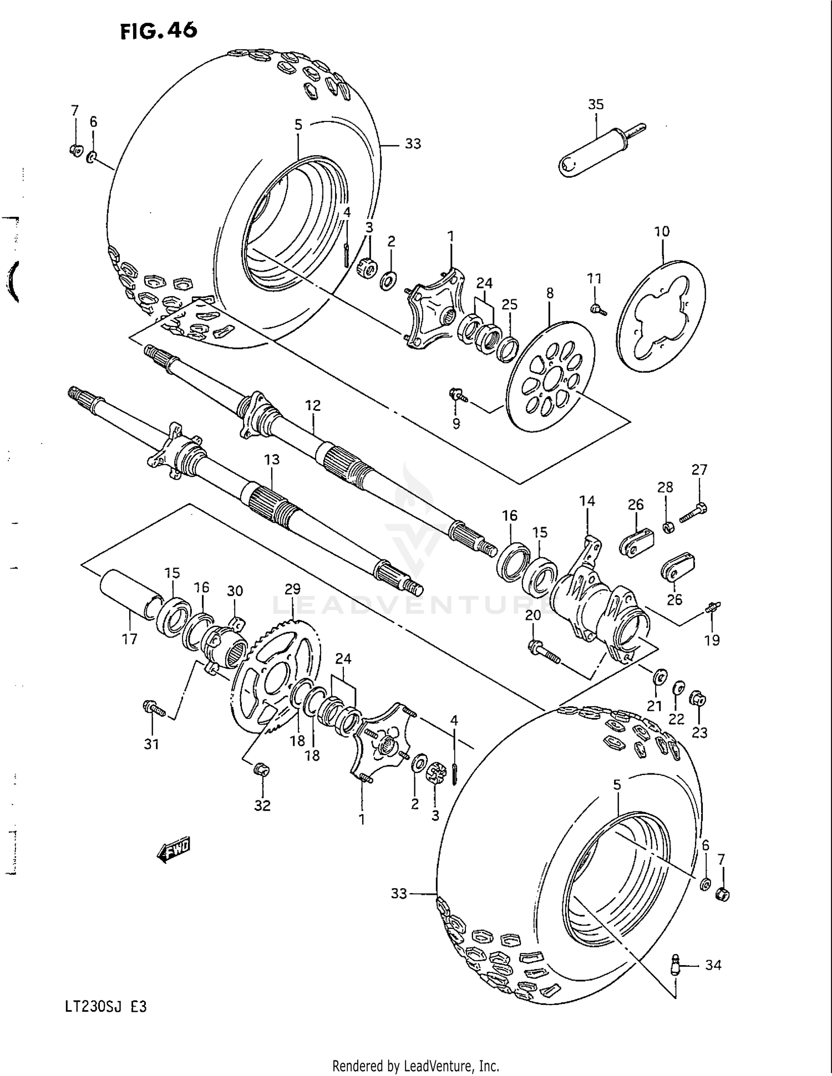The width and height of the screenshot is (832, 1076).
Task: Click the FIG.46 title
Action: tap(158, 32)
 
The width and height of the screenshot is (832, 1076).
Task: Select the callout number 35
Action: tap(595, 104)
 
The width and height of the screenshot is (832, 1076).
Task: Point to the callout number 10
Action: tap(662, 231)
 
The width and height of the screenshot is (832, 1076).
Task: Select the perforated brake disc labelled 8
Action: tap(551, 376)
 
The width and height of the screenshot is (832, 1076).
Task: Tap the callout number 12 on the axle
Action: tap(313, 405)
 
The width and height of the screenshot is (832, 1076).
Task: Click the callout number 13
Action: tap(271, 460)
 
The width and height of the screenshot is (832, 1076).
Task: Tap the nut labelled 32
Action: tap(261, 770)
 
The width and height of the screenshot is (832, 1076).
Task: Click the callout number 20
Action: tap(533, 615)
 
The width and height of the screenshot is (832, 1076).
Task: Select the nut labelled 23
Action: tap(698, 700)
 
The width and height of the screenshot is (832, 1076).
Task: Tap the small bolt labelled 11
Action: tap(598, 309)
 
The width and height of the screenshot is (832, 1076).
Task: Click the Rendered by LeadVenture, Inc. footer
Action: tap(415, 1065)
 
